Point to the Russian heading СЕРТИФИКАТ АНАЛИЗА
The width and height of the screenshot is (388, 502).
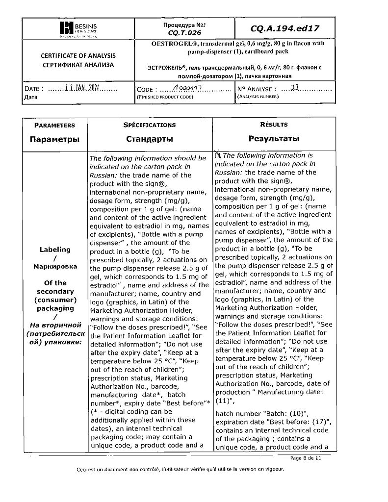tap(78, 64)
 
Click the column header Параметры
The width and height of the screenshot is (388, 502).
tap(54, 139)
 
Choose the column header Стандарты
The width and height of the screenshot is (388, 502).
tap(150, 139)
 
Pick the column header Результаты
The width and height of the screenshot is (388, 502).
tap(274, 139)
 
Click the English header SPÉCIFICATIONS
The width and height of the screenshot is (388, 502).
tap(150, 125)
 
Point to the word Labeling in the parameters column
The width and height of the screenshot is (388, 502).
tap(55, 250)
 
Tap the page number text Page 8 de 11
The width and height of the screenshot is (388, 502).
tap(305, 458)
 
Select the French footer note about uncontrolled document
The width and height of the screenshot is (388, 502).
tap(180, 470)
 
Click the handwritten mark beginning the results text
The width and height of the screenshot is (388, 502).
tap(218, 155)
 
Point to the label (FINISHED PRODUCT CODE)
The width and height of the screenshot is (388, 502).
tap(164, 97)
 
